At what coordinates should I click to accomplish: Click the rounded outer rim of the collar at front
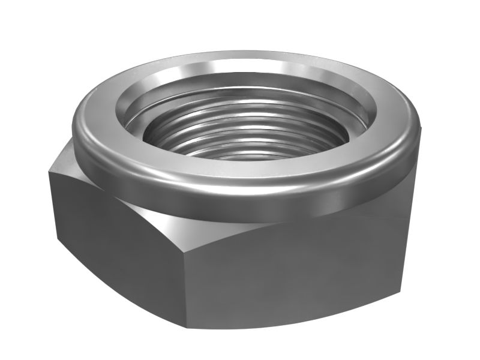point(252,195)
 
